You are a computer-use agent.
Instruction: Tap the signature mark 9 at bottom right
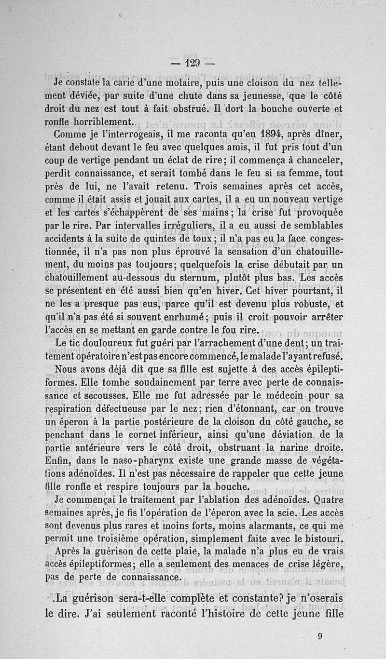(x=320, y=636)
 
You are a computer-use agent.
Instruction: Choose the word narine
(x=296, y=448)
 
